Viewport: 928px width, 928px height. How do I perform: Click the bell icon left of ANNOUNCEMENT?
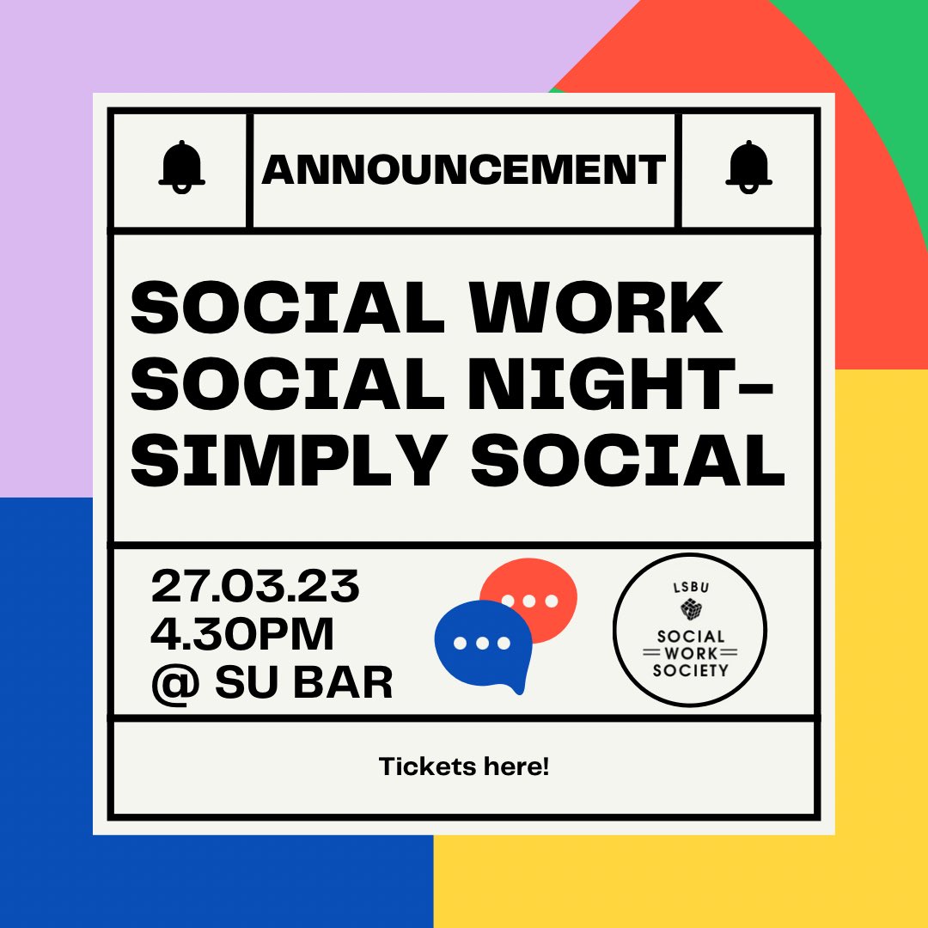[x=181, y=167]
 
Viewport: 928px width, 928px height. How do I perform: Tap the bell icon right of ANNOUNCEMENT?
[x=748, y=167]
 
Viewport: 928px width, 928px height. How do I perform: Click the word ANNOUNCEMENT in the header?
[x=464, y=169]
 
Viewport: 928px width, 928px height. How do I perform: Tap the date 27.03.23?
[x=255, y=588]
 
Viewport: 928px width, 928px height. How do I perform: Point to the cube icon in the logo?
[x=690, y=609]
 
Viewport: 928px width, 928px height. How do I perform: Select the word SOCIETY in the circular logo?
[x=690, y=670]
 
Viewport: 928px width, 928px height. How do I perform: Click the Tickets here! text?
[x=464, y=766]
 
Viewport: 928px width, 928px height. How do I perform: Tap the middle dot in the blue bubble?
[x=481, y=643]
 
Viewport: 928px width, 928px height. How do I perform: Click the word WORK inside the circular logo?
[x=690, y=654]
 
